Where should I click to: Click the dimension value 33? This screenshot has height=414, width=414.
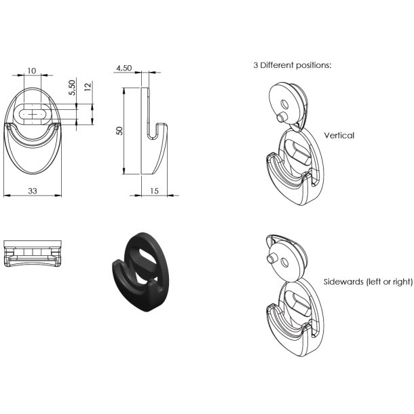point(33,191)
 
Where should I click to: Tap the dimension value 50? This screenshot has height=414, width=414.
point(120,131)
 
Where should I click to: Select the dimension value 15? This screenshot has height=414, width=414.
point(154,191)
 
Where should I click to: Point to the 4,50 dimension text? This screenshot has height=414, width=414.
point(124,68)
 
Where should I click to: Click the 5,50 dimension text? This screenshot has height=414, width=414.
point(72,88)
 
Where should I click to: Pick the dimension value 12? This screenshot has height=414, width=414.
point(88,87)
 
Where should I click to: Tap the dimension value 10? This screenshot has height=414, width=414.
point(31,71)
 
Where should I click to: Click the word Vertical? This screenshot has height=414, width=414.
point(339,136)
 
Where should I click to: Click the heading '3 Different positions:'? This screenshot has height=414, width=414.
point(293,65)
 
